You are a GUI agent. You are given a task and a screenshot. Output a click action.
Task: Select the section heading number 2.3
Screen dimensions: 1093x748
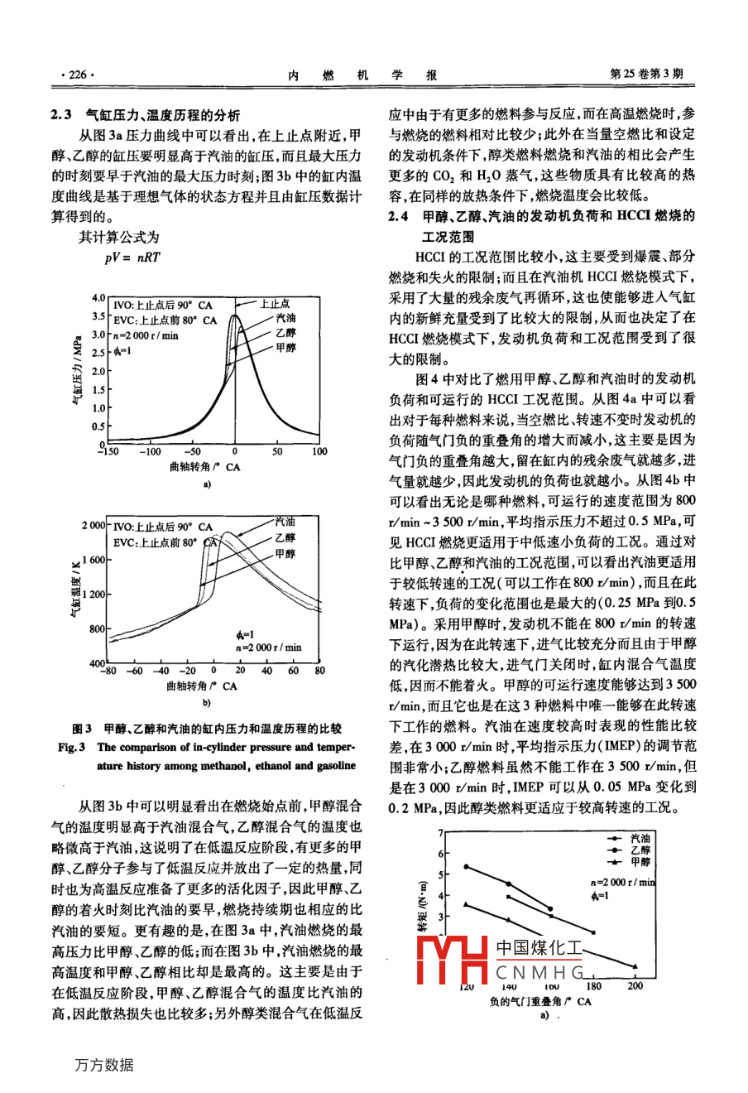[x=63, y=116]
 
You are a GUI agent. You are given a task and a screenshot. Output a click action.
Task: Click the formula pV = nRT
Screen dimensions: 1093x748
[x=132, y=257]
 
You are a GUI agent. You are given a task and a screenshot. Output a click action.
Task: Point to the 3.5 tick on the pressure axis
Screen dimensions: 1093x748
[x=98, y=316]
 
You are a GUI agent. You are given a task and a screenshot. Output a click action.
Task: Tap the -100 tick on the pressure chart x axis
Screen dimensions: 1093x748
[x=150, y=452]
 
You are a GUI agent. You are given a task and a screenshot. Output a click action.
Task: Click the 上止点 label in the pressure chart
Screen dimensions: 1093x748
[x=275, y=304]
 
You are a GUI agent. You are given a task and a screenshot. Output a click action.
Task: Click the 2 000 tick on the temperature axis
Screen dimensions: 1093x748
[x=93, y=526]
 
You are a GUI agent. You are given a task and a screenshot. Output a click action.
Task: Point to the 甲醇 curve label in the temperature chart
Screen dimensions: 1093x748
[x=284, y=553]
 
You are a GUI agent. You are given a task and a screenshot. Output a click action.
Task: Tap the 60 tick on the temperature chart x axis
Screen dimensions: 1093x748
[x=293, y=671]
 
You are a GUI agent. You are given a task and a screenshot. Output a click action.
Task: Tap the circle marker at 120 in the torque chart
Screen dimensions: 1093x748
[x=466, y=866]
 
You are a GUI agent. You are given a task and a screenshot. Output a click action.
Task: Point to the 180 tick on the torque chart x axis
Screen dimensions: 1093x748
[x=593, y=986]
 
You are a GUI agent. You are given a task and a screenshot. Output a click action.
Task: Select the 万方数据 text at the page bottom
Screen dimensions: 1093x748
[x=103, y=1065]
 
